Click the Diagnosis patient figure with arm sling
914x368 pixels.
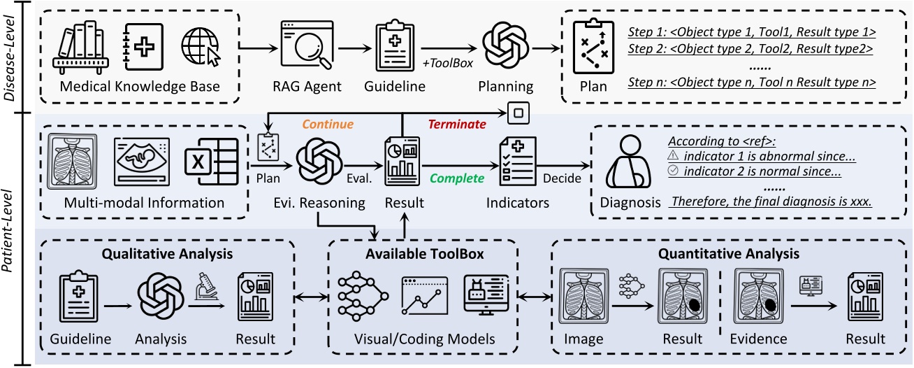625,169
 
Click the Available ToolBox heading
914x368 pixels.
423,253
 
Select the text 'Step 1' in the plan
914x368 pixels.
646,32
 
